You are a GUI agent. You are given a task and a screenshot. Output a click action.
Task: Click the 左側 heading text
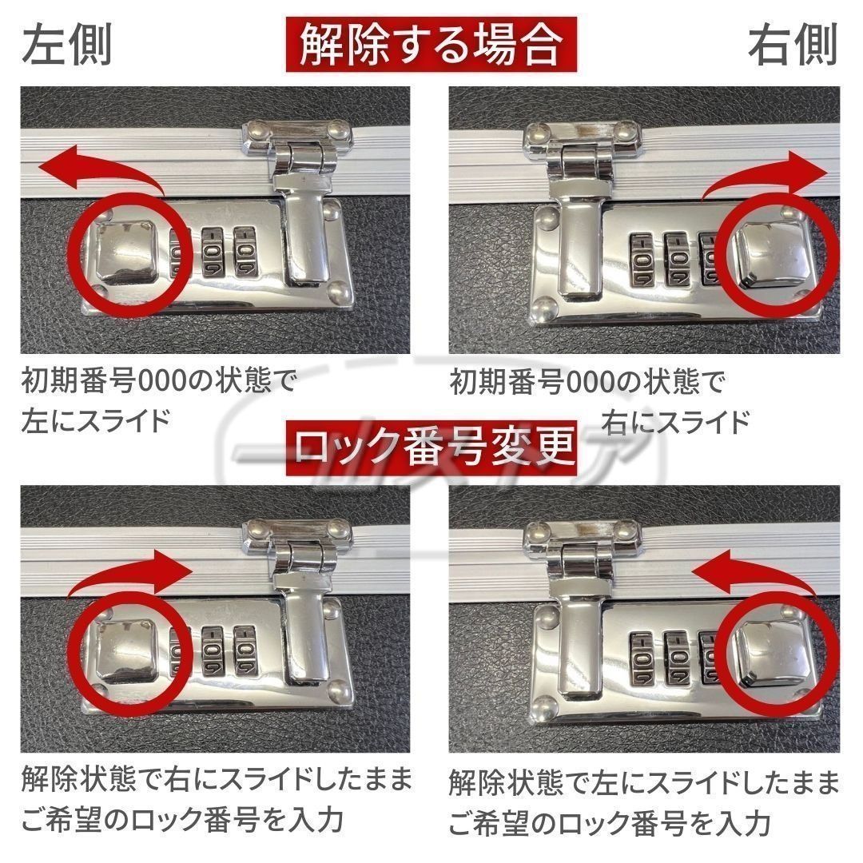coord(67,44)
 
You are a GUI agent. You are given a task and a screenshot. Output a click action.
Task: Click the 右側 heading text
coord(793,44)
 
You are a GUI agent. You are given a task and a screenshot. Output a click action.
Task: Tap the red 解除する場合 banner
coord(431,45)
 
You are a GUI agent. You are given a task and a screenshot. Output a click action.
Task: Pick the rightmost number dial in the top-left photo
coord(245,252)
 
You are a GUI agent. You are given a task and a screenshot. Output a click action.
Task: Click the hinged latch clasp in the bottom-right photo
coord(581,608)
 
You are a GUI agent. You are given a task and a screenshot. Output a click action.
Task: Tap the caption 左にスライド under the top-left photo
coord(94,421)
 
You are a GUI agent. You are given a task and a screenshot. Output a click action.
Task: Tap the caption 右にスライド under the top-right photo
coord(675,422)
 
